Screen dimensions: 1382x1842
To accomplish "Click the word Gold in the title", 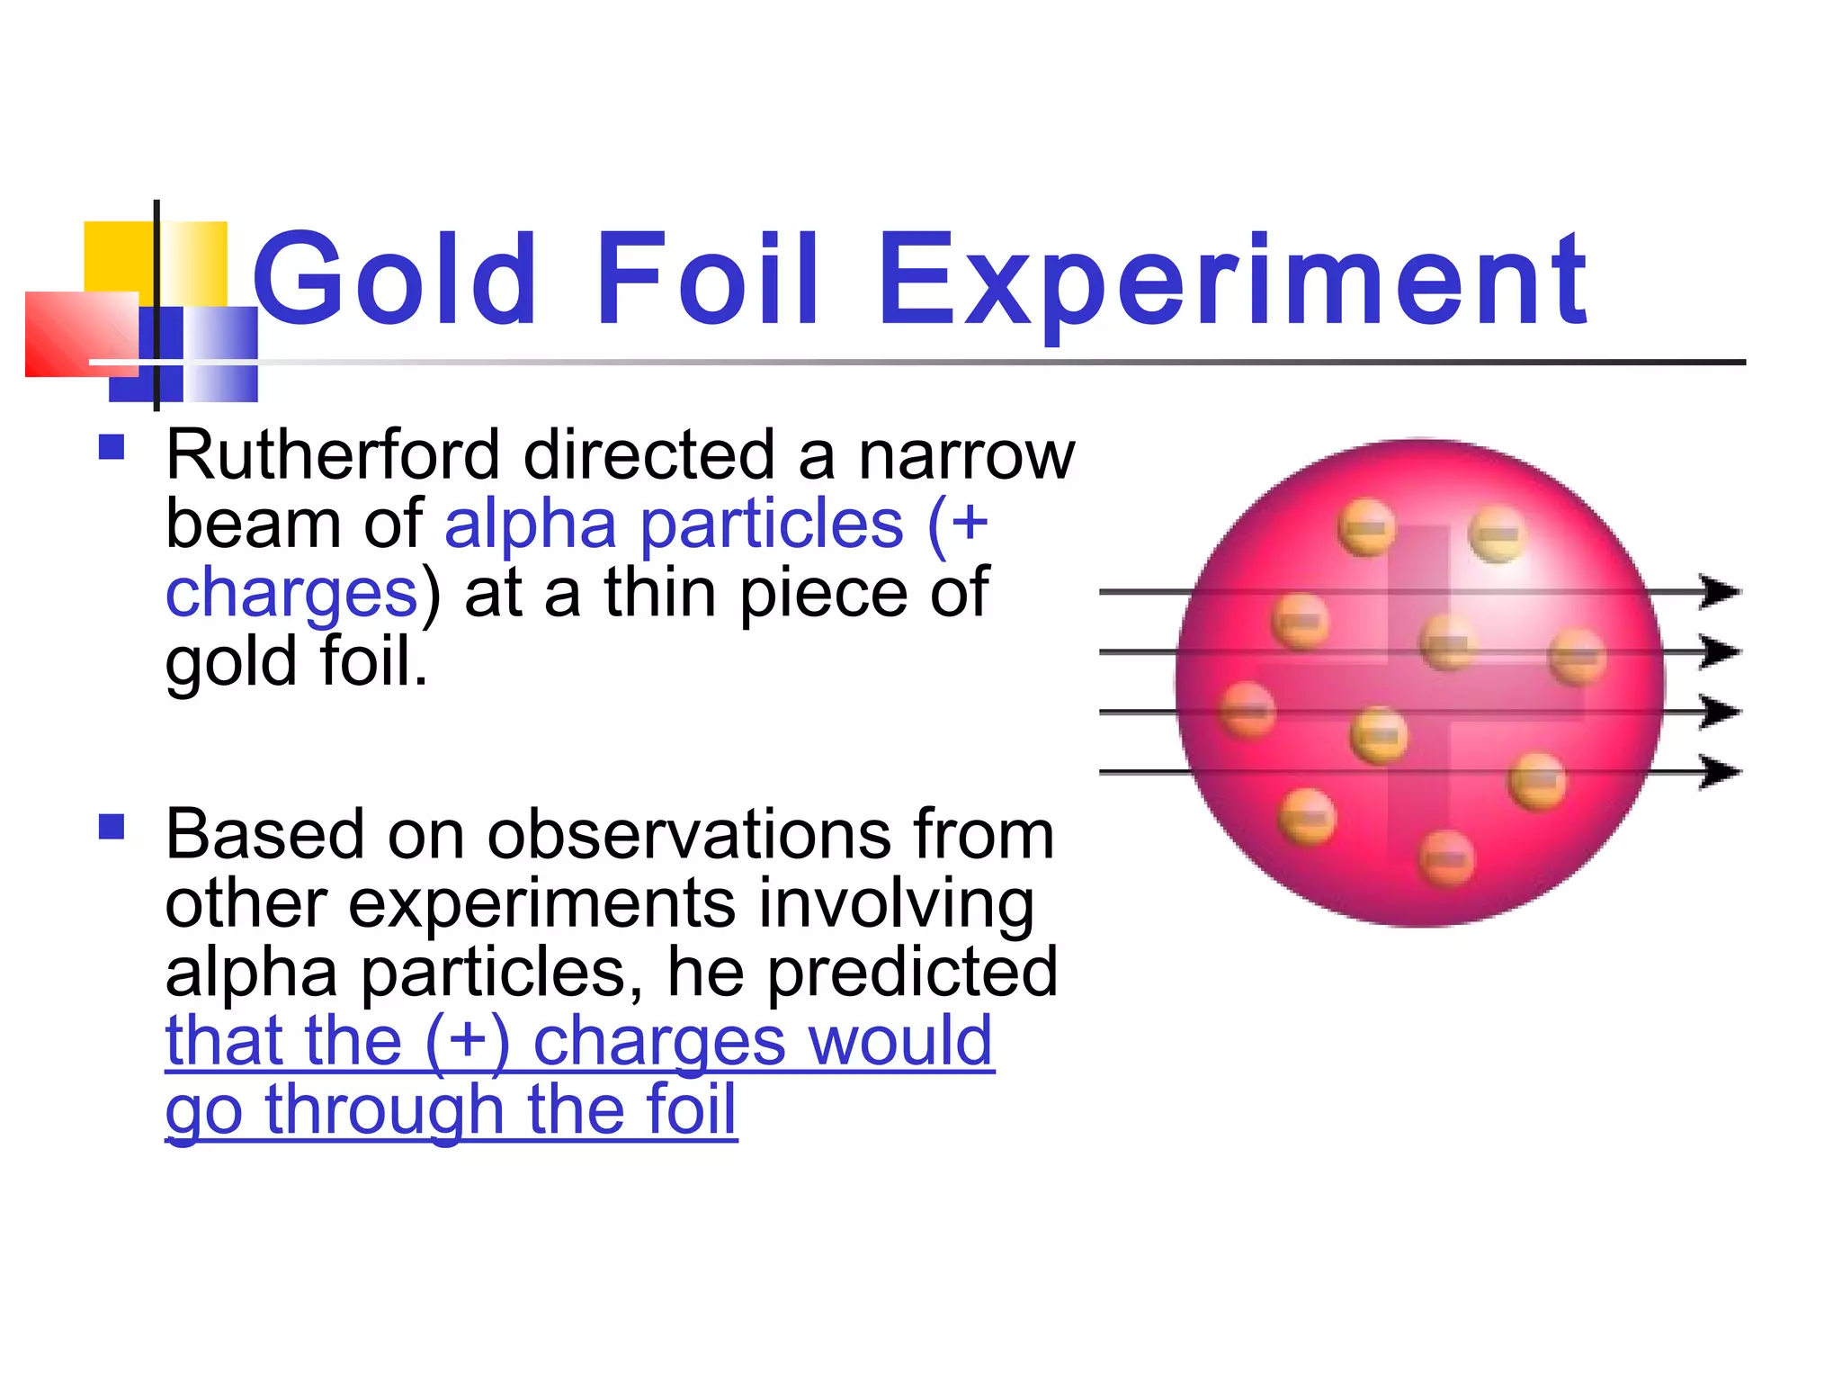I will pos(396,279).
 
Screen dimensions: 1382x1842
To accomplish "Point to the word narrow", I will pos(967,457).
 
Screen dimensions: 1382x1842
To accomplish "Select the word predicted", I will pos(912,974).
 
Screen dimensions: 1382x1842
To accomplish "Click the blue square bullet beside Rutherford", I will pos(112,447).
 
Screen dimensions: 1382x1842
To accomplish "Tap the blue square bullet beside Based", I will pos(112,827).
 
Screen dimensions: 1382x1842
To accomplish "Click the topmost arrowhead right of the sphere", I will pos(1720,592).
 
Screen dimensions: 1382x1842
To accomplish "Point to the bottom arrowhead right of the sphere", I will pos(1720,772).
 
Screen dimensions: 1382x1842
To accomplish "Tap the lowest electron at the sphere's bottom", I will pos(1446,859).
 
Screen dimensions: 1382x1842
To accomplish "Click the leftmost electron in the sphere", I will pos(1247,710).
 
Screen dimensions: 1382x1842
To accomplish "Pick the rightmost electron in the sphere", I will pos(1578,657).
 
